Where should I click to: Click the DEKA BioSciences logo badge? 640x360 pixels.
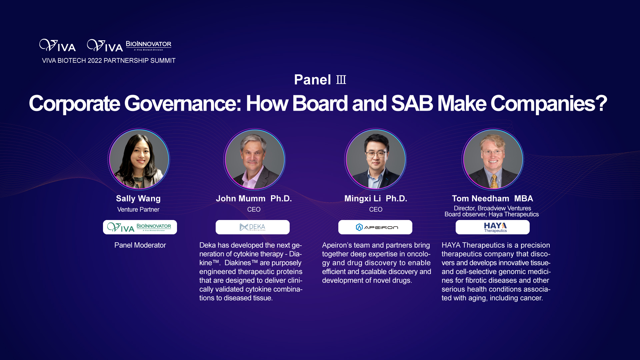click(x=253, y=227)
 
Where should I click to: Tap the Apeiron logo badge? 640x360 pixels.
click(x=375, y=227)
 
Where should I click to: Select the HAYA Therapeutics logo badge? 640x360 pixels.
click(x=493, y=227)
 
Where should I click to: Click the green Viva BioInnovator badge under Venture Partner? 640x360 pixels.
click(x=140, y=227)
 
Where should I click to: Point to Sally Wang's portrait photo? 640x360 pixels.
click(x=139, y=159)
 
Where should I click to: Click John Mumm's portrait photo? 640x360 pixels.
click(x=255, y=159)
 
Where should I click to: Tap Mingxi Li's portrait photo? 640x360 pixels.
click(x=375, y=159)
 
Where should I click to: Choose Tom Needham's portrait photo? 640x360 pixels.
click(x=493, y=159)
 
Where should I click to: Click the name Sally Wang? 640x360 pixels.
click(x=138, y=199)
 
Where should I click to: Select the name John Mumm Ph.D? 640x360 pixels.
click(x=254, y=199)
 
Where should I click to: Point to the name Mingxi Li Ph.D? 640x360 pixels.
click(x=376, y=199)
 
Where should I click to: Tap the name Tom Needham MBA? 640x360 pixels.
click(x=493, y=199)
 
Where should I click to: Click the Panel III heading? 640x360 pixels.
click(x=320, y=80)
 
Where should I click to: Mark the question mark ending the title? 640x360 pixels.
click(x=601, y=103)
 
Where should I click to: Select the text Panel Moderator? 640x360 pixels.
click(x=140, y=245)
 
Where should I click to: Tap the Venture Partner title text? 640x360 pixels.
click(x=138, y=210)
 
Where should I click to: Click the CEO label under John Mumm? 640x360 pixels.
click(x=254, y=210)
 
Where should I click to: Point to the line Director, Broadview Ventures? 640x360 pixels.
click(x=492, y=208)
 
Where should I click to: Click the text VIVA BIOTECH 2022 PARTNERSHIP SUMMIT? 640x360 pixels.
click(x=109, y=61)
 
